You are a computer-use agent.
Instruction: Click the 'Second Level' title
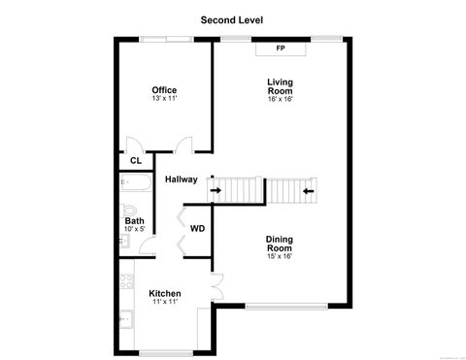tap(232, 18)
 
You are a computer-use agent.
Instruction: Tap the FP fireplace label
tap(281, 48)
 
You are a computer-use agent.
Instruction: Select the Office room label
tap(164, 90)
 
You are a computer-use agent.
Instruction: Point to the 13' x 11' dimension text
tap(164, 99)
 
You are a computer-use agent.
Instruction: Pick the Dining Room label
tap(280, 243)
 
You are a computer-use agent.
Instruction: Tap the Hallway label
tap(181, 180)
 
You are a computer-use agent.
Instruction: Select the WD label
tap(197, 230)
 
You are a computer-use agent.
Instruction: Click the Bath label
tap(134, 221)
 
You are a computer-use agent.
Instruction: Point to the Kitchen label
tap(164, 293)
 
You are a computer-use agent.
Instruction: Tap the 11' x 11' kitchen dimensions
tap(164, 303)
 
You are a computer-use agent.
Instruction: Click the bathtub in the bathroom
tap(134, 183)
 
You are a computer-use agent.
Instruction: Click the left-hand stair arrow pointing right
tap(215, 191)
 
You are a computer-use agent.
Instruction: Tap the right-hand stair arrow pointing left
tap(307, 191)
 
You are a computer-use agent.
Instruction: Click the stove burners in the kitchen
tap(124, 282)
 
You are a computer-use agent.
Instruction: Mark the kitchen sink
tap(124, 317)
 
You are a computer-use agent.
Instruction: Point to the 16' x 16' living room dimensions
tap(281, 99)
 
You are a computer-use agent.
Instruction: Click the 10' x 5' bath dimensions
tap(134, 231)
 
